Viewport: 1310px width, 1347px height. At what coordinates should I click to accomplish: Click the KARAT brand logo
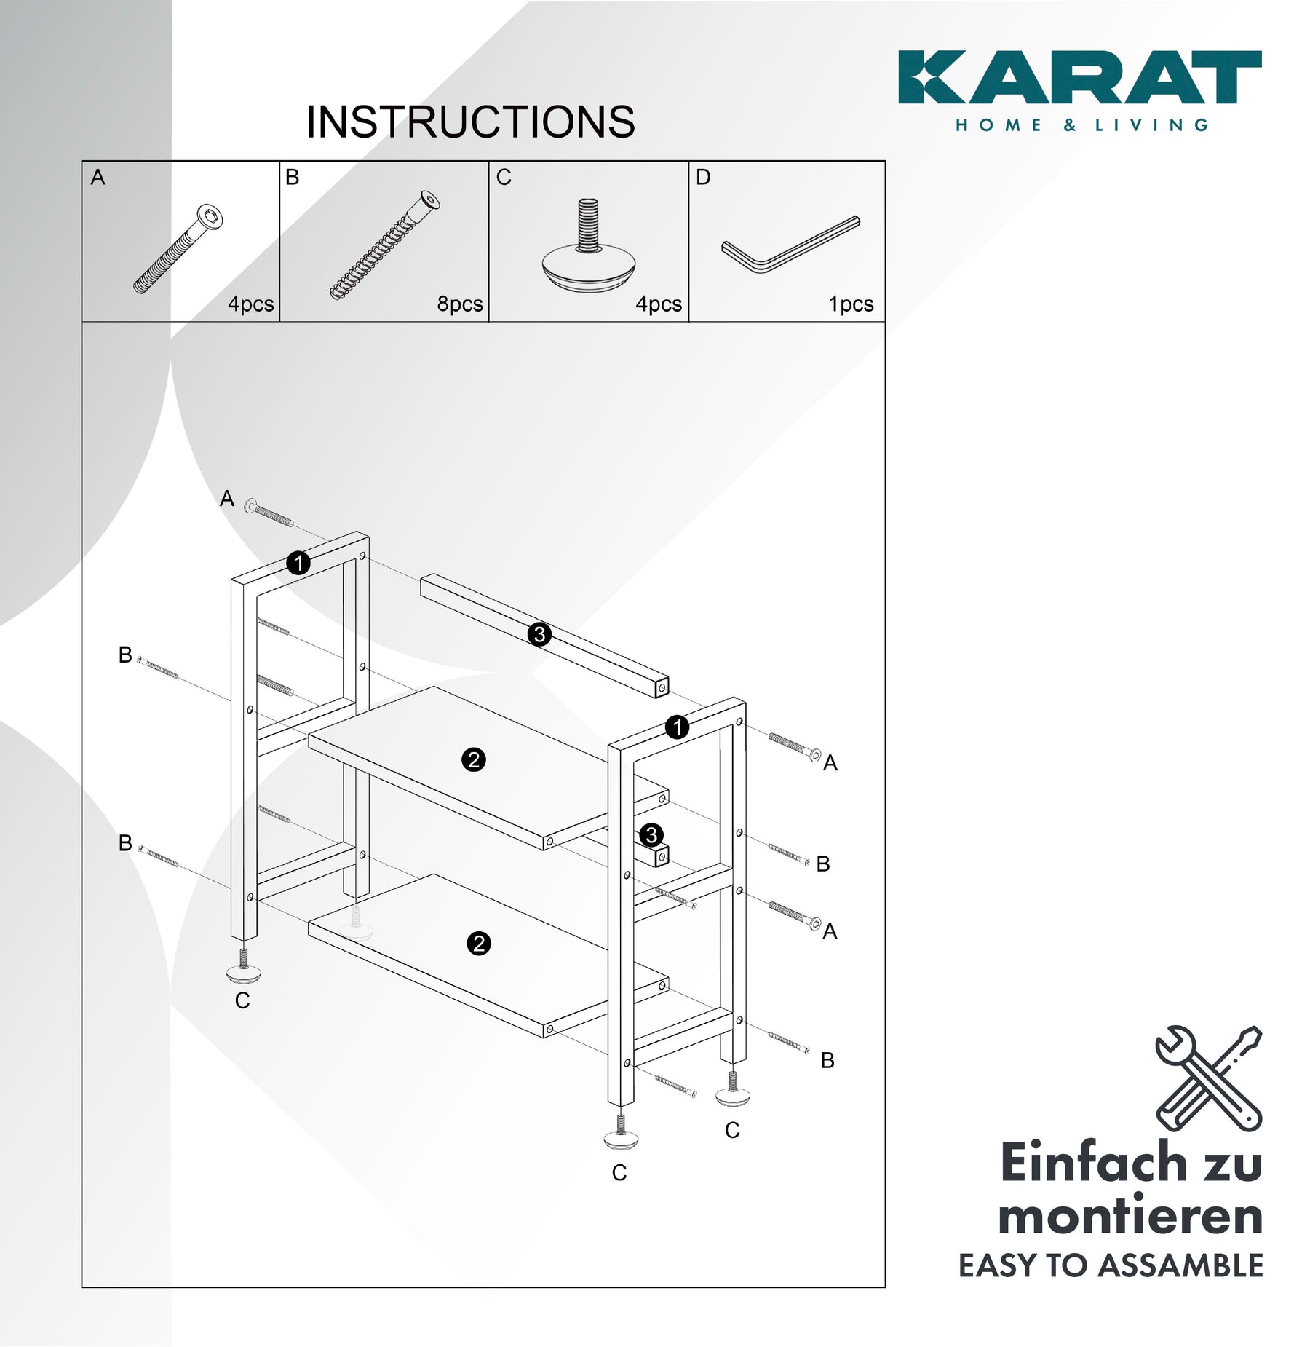point(1079,77)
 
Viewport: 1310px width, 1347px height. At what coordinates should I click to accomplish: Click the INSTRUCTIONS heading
point(470,122)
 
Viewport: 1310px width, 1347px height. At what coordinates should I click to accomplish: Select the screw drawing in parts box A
point(178,248)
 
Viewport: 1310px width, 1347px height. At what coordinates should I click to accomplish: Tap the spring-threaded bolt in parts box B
point(385,245)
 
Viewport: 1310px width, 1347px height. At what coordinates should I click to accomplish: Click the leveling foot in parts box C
point(588,246)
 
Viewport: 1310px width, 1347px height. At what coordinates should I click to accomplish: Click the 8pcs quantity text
point(460,304)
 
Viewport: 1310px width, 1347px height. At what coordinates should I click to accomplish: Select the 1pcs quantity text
point(851,304)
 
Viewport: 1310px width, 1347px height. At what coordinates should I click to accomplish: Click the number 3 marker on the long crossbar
point(539,634)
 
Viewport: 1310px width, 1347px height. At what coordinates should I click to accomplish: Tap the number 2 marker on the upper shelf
point(474,760)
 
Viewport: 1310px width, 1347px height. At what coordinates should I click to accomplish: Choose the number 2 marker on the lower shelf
point(478,944)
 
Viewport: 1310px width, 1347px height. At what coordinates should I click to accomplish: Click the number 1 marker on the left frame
point(298,563)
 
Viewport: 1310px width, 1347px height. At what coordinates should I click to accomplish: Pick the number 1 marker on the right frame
point(677,727)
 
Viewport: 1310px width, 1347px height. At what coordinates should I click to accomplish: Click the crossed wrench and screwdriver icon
point(1209,1078)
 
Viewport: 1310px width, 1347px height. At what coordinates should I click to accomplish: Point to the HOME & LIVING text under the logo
point(1082,125)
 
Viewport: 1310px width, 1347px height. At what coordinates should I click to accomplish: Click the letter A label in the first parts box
point(98,177)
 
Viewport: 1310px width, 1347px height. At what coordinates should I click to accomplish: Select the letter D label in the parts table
point(703,177)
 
